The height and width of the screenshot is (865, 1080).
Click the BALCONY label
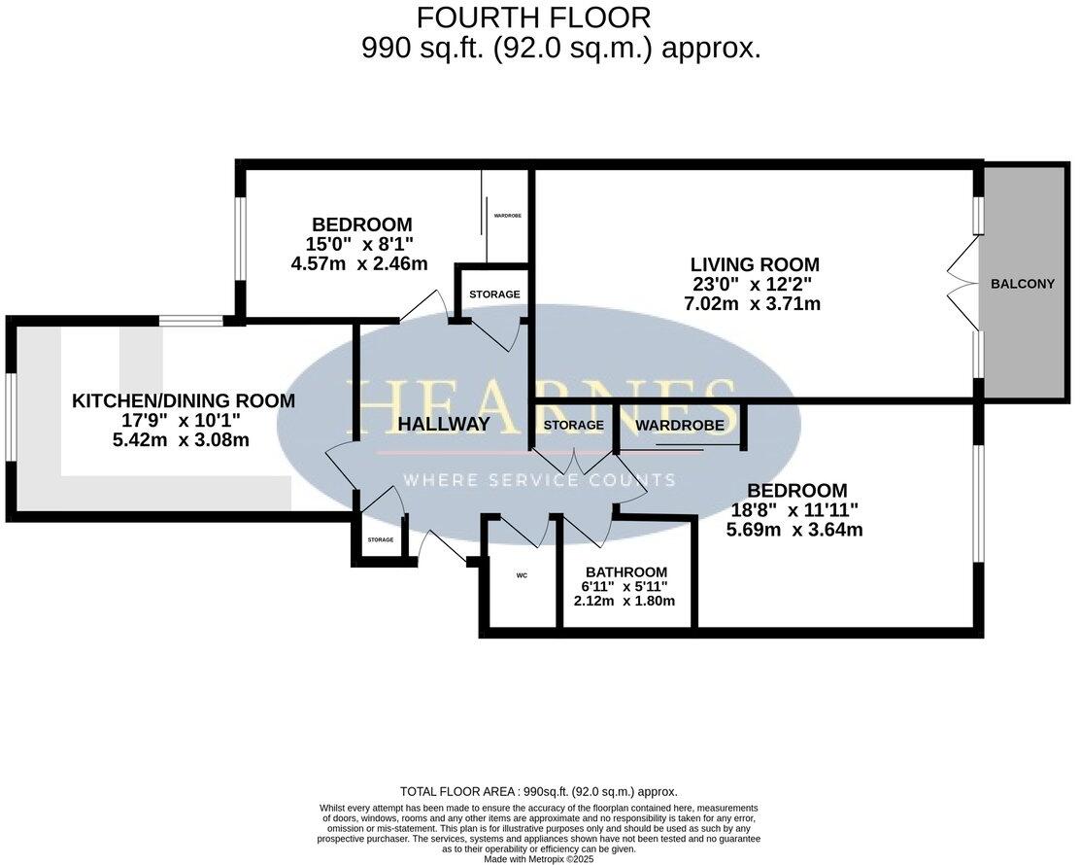[x=1022, y=284]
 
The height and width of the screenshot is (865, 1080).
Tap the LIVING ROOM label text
[x=755, y=264]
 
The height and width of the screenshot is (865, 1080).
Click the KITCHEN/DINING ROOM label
[x=184, y=400]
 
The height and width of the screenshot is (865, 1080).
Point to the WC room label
[x=522, y=575]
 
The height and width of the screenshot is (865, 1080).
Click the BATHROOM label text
[x=626, y=572]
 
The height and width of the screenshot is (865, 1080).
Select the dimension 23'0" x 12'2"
[x=755, y=284]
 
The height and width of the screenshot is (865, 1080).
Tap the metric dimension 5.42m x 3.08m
[x=181, y=439]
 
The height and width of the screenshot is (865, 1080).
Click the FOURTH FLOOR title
[x=533, y=17]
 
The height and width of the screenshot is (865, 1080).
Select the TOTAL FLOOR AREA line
[x=538, y=792]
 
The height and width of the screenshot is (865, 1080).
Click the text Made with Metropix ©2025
[x=539, y=858]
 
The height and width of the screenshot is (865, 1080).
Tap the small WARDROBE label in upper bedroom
[x=508, y=216]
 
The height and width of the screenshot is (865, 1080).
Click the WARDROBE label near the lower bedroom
[x=680, y=425]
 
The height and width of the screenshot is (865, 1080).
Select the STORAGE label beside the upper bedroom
[x=494, y=294]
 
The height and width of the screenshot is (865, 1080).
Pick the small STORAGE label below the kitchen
[x=380, y=539]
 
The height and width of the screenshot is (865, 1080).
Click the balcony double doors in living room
[x=962, y=283]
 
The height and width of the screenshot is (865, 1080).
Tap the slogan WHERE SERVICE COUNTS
[x=539, y=480]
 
